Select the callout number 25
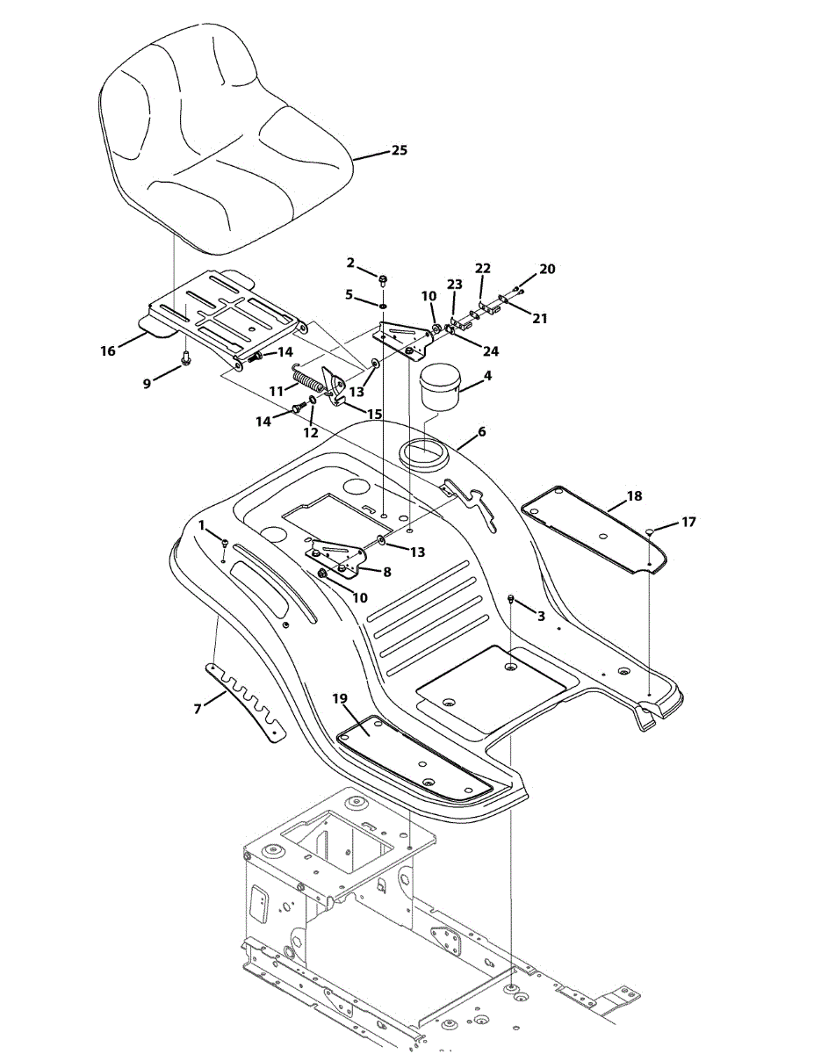coord(399,150)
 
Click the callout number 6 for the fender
coord(481,432)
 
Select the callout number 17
coord(688,522)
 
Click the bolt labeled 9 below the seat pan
coord(186,358)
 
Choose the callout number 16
coord(108,350)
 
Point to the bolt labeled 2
coord(384,280)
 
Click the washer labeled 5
coord(384,305)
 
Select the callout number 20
coord(547,269)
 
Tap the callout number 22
coord(483,268)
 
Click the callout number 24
coord(490,350)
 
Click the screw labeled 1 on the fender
coord(225,543)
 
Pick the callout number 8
coord(386,571)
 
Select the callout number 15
coord(374,413)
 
